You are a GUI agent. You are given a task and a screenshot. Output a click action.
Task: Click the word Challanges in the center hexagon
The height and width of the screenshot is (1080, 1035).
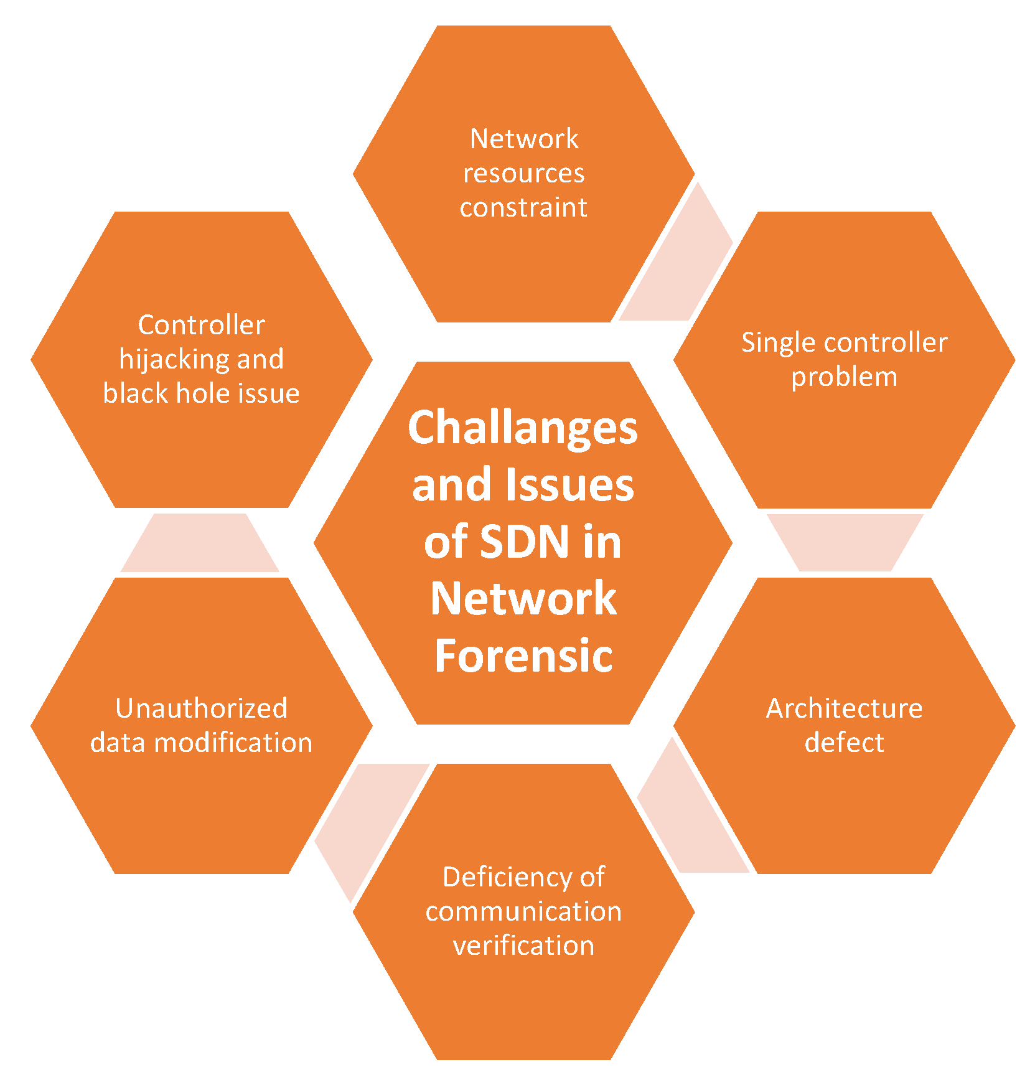click(x=523, y=429)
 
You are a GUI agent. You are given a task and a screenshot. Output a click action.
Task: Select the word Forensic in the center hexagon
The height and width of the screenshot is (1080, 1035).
click(x=523, y=655)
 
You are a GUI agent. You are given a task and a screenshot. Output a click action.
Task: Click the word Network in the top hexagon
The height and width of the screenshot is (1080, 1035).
click(x=524, y=139)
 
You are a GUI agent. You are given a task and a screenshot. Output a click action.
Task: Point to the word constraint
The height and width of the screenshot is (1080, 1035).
click(x=523, y=207)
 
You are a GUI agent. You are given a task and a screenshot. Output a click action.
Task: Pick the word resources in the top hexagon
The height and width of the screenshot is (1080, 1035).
click(x=523, y=173)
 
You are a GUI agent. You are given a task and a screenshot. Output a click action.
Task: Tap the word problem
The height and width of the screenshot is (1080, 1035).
click(x=844, y=377)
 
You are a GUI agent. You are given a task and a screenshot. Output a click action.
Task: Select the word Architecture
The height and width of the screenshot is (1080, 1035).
click(x=844, y=708)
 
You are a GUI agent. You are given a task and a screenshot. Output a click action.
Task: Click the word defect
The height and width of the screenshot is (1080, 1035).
click(x=844, y=743)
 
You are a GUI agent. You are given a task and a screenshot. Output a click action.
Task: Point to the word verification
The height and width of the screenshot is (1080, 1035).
click(x=523, y=946)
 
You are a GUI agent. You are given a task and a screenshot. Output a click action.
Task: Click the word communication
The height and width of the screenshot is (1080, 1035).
click(x=523, y=912)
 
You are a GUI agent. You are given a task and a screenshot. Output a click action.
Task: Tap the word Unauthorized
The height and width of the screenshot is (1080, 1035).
click(x=201, y=708)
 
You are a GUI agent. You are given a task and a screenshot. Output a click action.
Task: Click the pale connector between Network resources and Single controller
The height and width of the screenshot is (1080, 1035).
click(x=678, y=261)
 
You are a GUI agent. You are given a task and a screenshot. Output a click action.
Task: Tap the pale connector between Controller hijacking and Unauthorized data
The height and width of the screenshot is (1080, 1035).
click(x=200, y=543)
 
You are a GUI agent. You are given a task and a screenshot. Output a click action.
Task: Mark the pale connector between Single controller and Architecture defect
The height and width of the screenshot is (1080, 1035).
click(x=845, y=542)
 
